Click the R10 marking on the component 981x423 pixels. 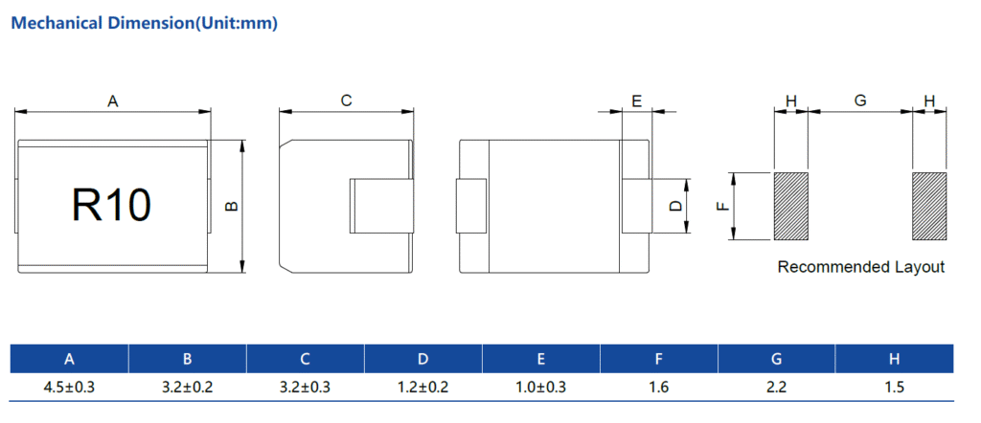[x=111, y=205]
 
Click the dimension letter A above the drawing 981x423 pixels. [x=113, y=100]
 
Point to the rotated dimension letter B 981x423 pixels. [x=232, y=206]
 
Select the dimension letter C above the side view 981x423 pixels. [x=346, y=100]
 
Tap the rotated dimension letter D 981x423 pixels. [x=675, y=206]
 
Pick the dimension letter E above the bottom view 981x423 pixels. [x=637, y=100]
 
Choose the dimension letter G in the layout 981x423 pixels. [x=860, y=100]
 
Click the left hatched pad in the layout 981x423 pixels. [x=790, y=206]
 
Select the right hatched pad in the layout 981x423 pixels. [x=929, y=206]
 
